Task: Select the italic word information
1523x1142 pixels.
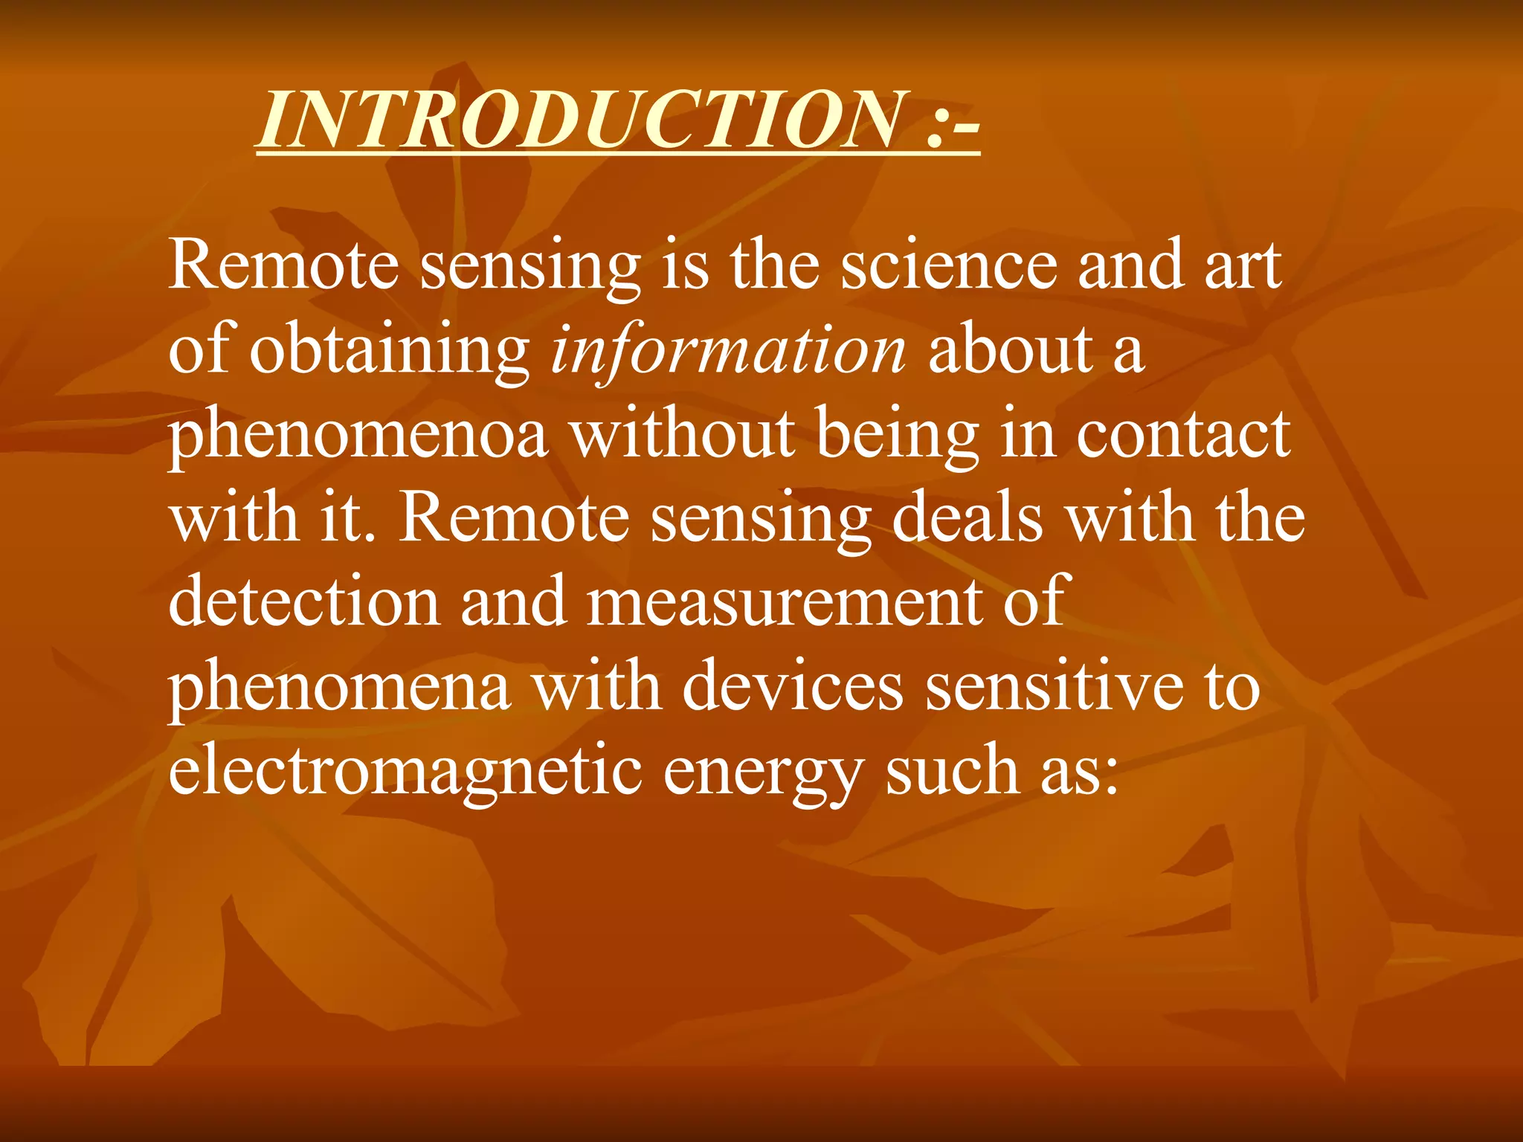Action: click(728, 351)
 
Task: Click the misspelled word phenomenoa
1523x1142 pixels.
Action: click(358, 437)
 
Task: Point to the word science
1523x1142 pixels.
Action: click(948, 266)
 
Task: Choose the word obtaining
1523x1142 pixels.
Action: click(390, 351)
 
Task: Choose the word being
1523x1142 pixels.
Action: click(898, 437)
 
